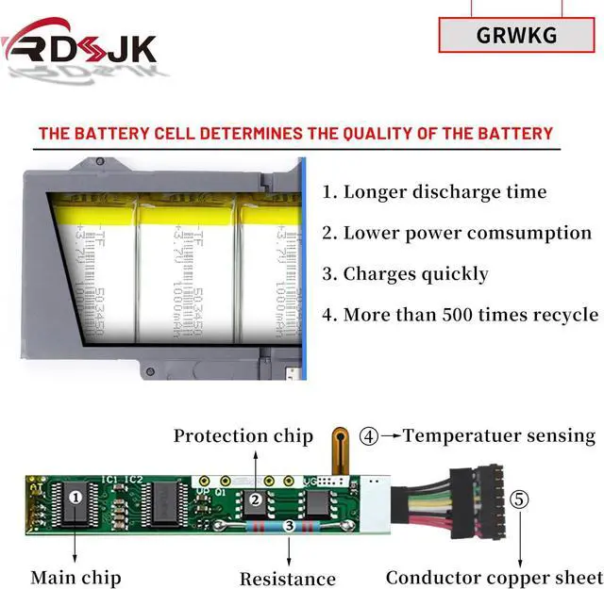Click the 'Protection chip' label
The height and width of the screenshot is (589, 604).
coord(243,435)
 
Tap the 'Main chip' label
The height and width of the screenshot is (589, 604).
coord(75,577)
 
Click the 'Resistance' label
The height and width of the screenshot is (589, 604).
coord(287,579)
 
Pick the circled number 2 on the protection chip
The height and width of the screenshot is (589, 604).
coord(255,501)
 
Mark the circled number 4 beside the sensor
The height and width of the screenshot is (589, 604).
coord(370,436)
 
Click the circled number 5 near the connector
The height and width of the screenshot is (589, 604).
coord(519,499)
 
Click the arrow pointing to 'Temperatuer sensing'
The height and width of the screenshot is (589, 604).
coord(390,436)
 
